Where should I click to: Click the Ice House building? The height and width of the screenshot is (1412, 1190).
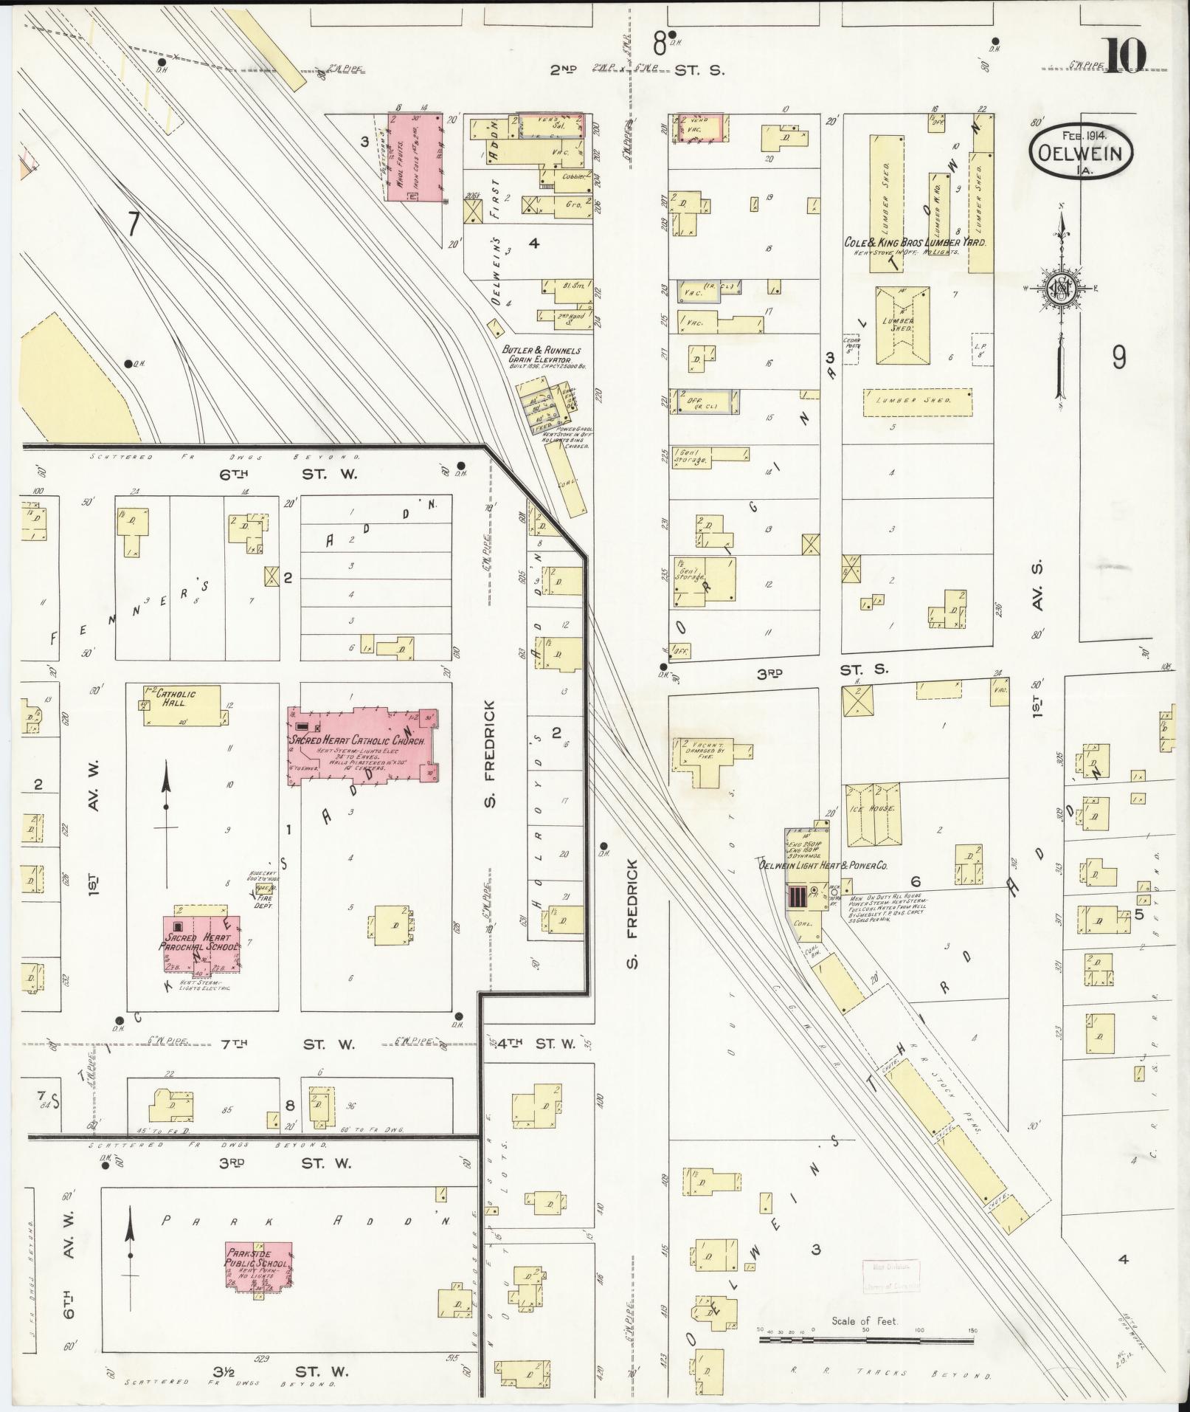874,815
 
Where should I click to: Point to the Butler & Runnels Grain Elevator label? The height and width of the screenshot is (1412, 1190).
542,356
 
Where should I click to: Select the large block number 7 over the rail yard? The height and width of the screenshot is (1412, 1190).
133,224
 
